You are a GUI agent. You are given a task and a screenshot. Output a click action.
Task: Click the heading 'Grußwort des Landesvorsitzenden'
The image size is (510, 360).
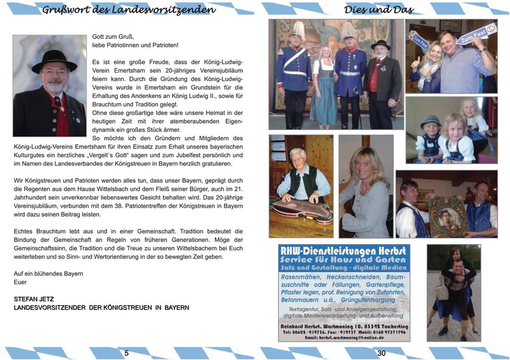coord(133,10)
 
